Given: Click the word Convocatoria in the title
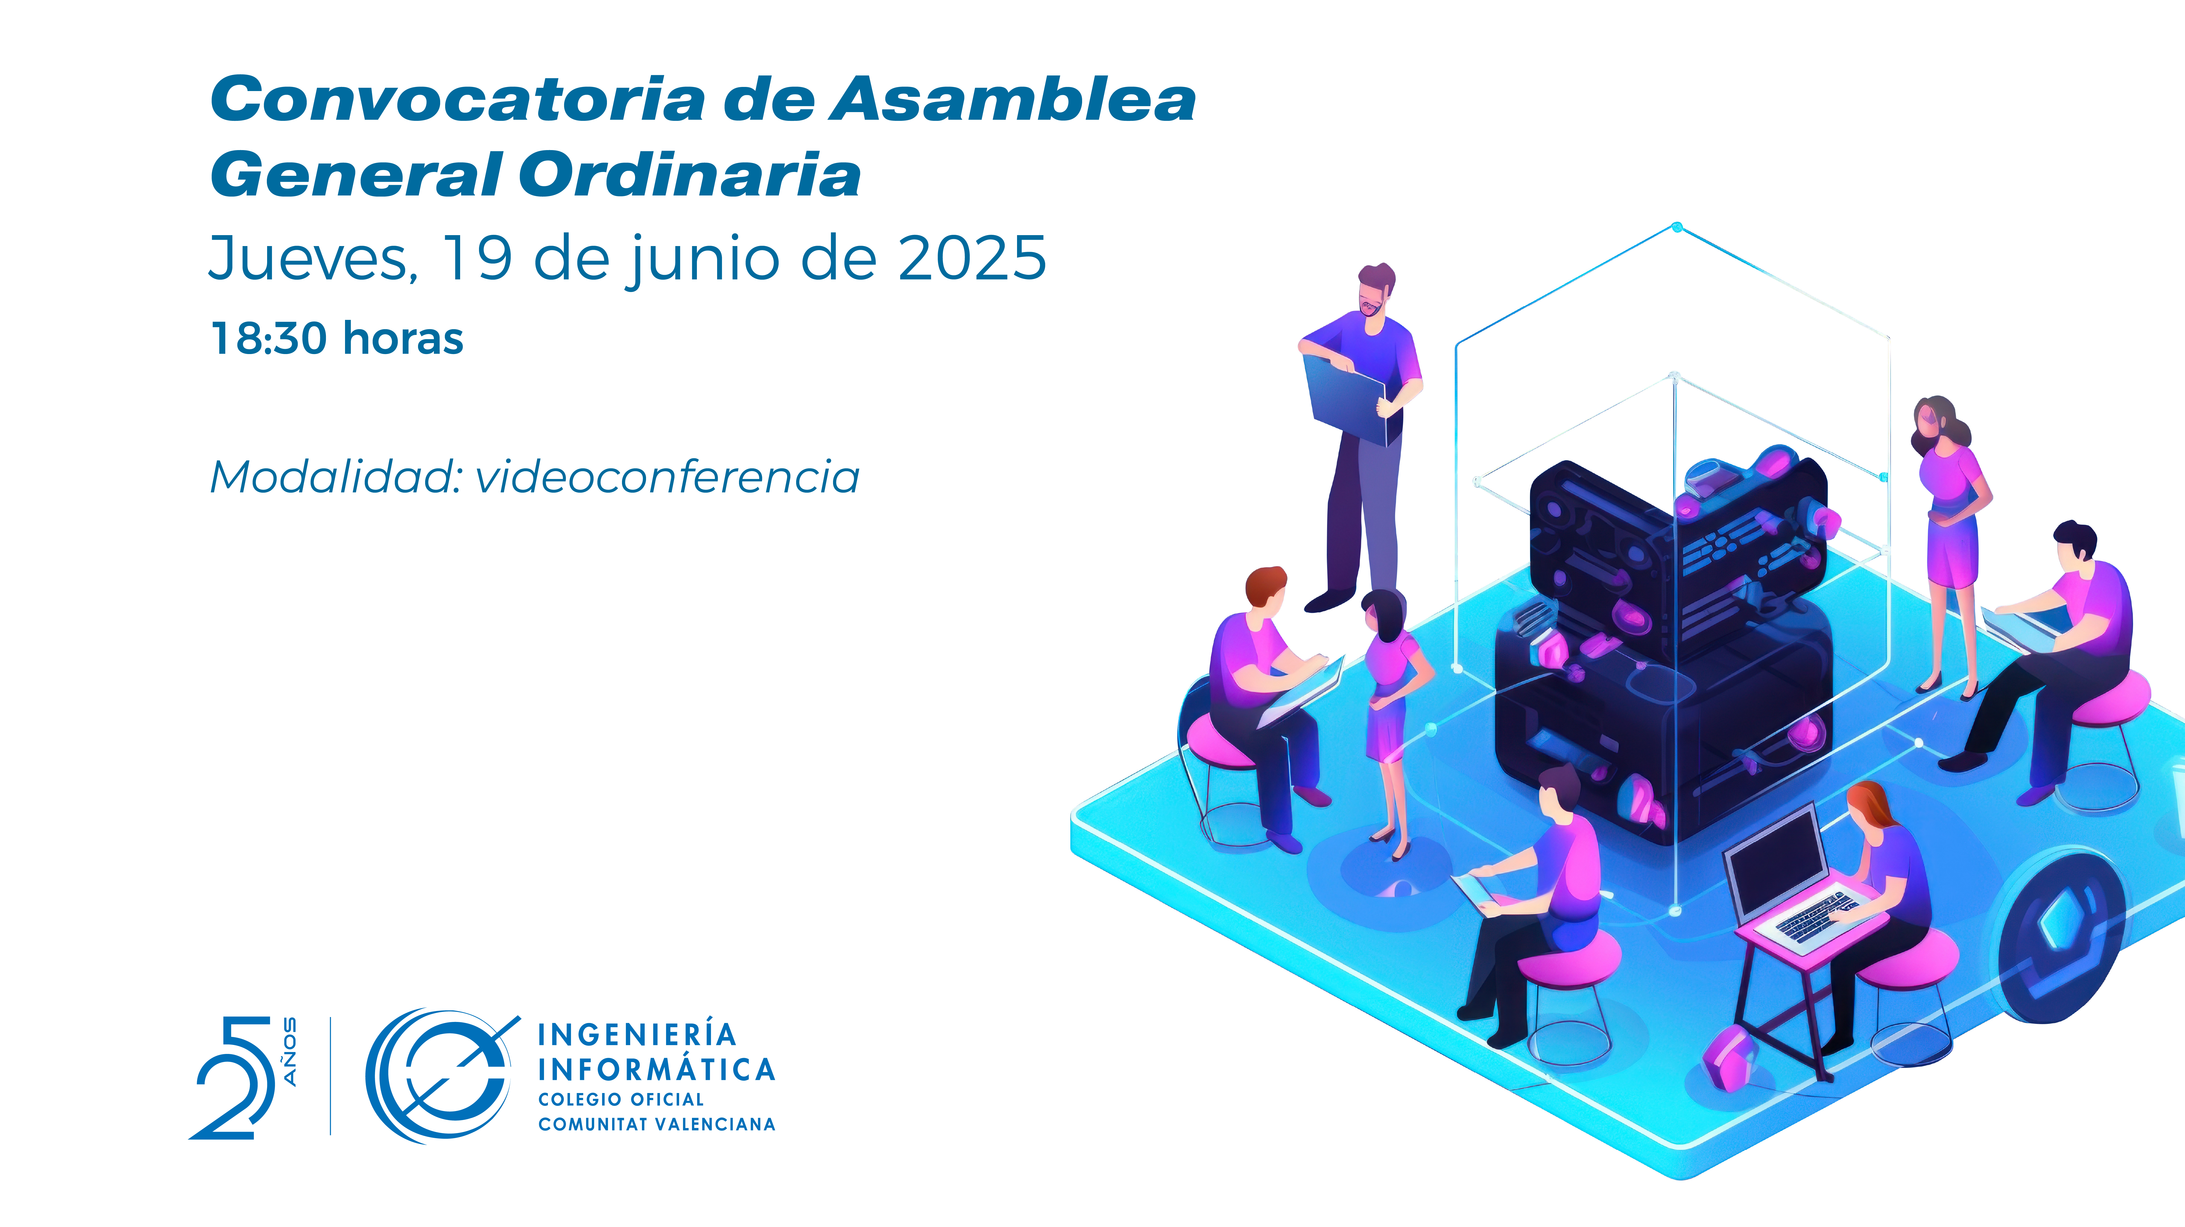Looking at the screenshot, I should (458, 100).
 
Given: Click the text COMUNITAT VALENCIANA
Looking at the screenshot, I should (656, 1124).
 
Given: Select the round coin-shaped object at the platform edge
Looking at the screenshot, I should (2061, 937).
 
